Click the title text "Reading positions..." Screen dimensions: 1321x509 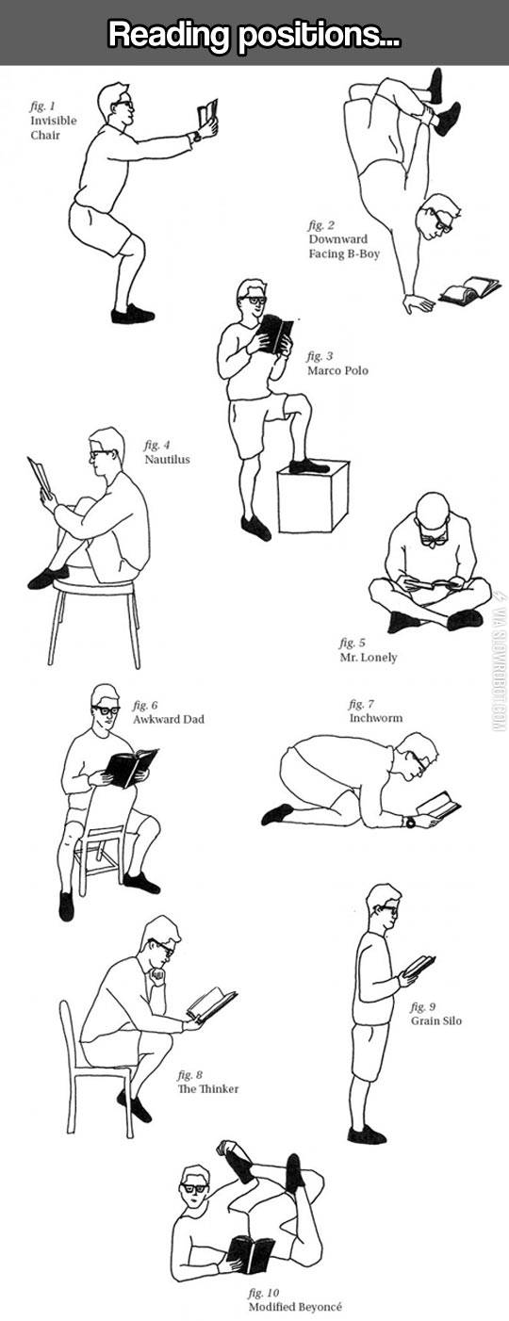coord(254,35)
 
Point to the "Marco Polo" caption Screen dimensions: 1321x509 coord(337,370)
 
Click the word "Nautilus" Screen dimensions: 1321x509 coord(167,459)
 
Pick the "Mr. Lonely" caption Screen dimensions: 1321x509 coord(368,657)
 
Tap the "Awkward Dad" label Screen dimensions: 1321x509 coord(168,719)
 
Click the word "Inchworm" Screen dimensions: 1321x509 coord(375,718)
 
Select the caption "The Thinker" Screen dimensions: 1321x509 coord(207,1089)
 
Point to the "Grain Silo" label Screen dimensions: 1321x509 coord(435,1020)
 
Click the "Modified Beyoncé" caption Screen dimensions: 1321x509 coord(294,1307)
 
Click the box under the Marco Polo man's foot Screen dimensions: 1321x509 coord(312,497)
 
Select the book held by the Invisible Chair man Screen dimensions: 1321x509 coord(206,115)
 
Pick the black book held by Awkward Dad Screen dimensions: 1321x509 coord(131,767)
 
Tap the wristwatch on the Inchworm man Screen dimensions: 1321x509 coord(409,822)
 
